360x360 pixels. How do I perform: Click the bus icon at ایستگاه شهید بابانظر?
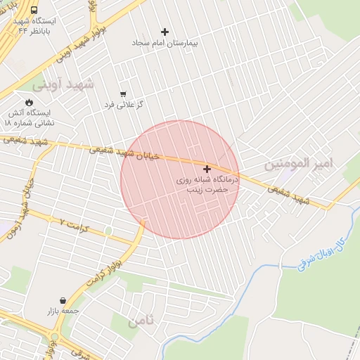tap(34, 11)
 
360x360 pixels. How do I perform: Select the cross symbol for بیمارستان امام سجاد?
tap(165, 32)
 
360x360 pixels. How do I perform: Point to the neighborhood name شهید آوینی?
tap(63, 84)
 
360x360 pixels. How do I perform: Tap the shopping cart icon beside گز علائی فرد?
tap(124, 94)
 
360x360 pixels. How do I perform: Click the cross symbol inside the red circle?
tap(207, 169)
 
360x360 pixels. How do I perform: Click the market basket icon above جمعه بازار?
tap(64, 300)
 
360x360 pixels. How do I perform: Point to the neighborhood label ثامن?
tap(140, 321)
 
